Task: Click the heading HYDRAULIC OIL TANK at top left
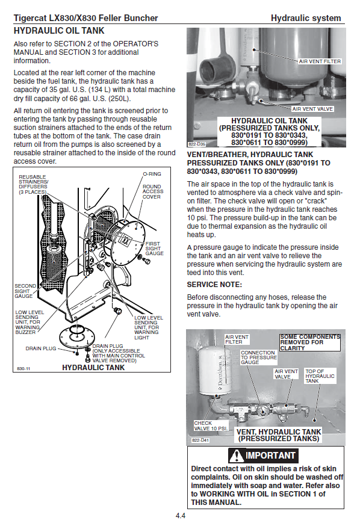pos(59,31)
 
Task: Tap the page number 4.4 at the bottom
pos(181,516)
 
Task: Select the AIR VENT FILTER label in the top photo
pos(320,61)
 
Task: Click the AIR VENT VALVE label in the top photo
pos(312,109)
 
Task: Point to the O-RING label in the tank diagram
pos(152,174)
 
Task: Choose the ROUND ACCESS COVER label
pos(153,192)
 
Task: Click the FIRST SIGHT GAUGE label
pos(154,249)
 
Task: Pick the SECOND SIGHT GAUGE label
pos(25,291)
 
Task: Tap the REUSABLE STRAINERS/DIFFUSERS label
pos(33,184)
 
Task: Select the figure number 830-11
pos(23,368)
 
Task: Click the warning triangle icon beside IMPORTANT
pos(237,455)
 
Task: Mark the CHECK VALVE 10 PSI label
pos(211,426)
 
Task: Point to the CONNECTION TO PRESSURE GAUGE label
pos(259,357)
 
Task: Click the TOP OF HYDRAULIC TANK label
pos(320,376)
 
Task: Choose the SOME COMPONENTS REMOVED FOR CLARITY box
pos(310,342)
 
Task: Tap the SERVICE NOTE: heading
pos(214,285)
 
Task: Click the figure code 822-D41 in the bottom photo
pos(200,441)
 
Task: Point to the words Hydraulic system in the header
pos(306,18)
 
